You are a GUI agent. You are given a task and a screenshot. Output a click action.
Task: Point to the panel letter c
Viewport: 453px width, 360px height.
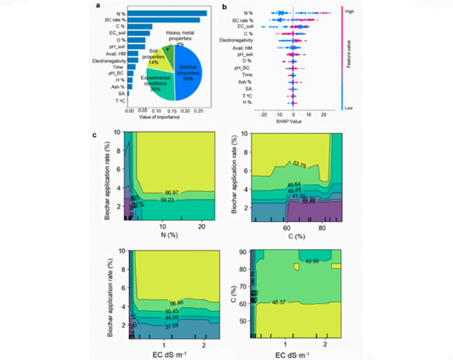[96, 135]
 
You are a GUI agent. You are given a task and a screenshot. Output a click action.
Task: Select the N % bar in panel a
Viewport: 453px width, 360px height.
[168, 13]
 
